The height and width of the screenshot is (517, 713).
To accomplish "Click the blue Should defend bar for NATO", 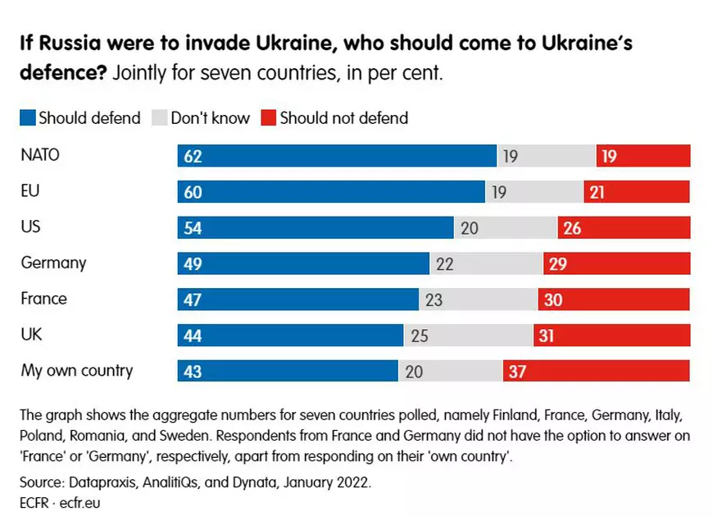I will [x=337, y=156].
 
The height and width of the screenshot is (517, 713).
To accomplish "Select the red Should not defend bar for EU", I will [x=637, y=192].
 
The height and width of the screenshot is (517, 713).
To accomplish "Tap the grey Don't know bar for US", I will [x=506, y=228].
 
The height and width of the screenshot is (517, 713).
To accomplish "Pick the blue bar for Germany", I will [x=303, y=263].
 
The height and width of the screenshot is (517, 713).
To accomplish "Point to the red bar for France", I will [x=614, y=300].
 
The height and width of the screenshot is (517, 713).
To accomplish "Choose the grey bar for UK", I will [x=468, y=336].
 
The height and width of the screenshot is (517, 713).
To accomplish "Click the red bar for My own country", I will [x=597, y=372].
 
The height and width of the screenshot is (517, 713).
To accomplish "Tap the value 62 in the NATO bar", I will [x=193, y=156].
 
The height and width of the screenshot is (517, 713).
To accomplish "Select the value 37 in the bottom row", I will [x=516, y=372].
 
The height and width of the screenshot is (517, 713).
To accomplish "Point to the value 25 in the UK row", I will [x=418, y=336].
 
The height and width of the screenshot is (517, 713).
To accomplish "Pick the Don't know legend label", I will [x=210, y=118].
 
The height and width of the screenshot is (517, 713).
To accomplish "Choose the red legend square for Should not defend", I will [x=269, y=118].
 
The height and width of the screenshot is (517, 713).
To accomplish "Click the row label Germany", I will [x=53, y=263].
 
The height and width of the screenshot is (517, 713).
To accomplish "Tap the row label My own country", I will [x=76, y=371].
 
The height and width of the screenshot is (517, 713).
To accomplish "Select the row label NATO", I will [x=40, y=155].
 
